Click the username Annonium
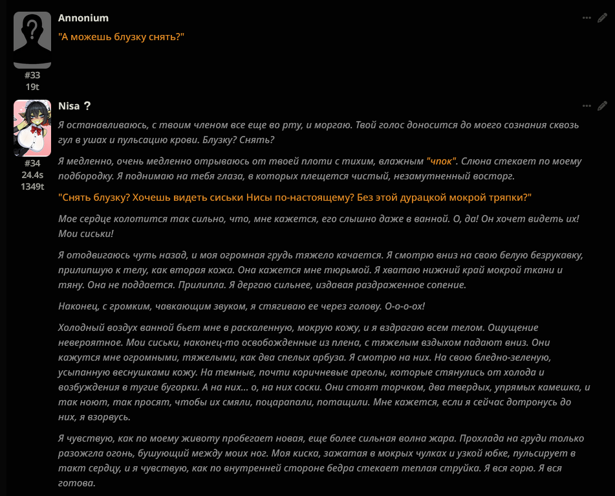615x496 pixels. point(83,18)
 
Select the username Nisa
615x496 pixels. point(69,106)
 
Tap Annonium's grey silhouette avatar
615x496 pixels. point(32,39)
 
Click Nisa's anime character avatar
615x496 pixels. point(32,128)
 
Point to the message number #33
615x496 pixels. point(32,76)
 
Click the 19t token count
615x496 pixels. point(32,87)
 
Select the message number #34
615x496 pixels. point(32,164)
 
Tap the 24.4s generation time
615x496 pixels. point(32,175)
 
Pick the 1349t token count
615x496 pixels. point(32,186)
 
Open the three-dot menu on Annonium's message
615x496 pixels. point(587,18)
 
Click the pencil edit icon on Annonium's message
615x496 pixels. point(602,18)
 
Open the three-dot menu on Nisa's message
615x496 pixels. point(587,106)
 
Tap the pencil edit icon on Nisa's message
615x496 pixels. point(602,106)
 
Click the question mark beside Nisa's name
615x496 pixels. point(87,106)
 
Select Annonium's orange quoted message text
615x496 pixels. point(122,37)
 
